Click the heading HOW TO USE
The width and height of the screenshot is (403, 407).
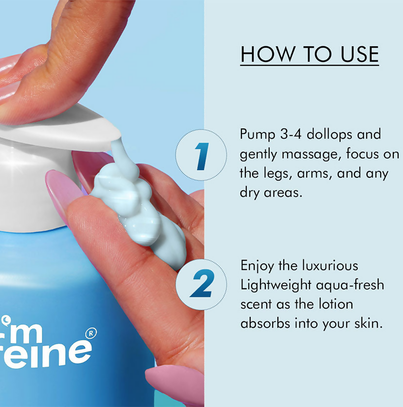[x=310, y=54]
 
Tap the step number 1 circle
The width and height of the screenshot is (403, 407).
[x=201, y=155]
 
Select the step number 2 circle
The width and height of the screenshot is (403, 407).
[x=201, y=284]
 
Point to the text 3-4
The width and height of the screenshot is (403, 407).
[x=291, y=134]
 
